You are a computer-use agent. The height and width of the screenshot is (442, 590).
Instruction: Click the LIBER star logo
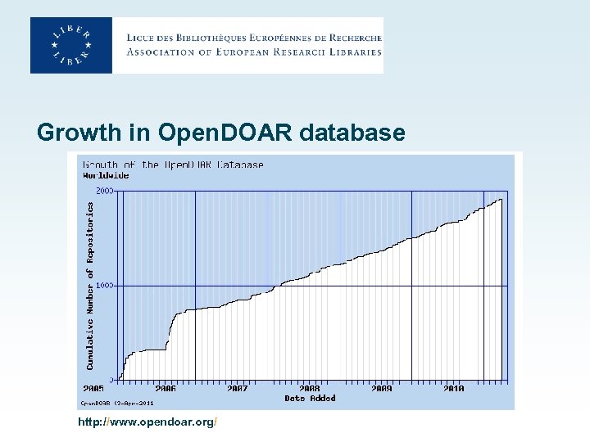click(71, 45)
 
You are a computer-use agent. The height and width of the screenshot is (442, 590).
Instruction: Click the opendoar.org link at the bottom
click(147, 422)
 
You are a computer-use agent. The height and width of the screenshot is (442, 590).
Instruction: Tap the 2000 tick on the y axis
click(106, 190)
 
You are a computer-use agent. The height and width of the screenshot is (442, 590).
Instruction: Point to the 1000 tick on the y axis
click(106, 286)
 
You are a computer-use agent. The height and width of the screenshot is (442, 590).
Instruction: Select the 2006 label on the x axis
click(165, 389)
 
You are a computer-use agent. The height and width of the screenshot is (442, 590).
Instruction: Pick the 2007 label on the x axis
click(237, 389)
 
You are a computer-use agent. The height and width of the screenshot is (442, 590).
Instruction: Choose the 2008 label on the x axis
click(309, 389)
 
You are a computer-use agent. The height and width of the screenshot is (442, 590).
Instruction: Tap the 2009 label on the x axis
click(381, 389)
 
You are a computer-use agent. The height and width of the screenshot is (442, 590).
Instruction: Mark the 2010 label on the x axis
click(453, 389)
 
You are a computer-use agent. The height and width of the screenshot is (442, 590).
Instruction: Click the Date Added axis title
click(310, 399)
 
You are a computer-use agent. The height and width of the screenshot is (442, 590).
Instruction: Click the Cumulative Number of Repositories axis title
click(91, 286)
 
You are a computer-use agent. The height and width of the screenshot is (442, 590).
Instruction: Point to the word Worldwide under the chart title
click(106, 175)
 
